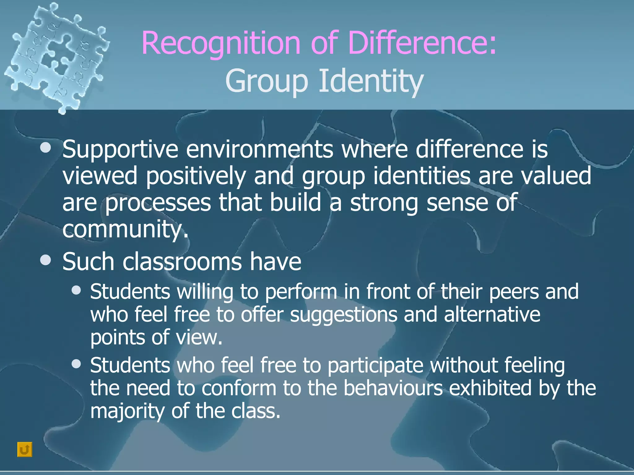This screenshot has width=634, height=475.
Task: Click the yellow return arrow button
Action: (x=25, y=449)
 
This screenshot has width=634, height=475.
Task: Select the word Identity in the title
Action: (x=371, y=81)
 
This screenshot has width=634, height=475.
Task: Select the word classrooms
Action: (x=182, y=262)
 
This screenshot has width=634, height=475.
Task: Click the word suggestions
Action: (x=344, y=315)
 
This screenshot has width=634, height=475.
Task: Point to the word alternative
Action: (x=492, y=315)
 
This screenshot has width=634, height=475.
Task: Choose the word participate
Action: (x=375, y=366)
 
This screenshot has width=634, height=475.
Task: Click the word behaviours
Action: (x=393, y=388)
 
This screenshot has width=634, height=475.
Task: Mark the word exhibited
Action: (x=490, y=388)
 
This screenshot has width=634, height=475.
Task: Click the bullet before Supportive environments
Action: (x=46, y=148)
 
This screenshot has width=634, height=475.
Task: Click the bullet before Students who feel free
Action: (x=76, y=364)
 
